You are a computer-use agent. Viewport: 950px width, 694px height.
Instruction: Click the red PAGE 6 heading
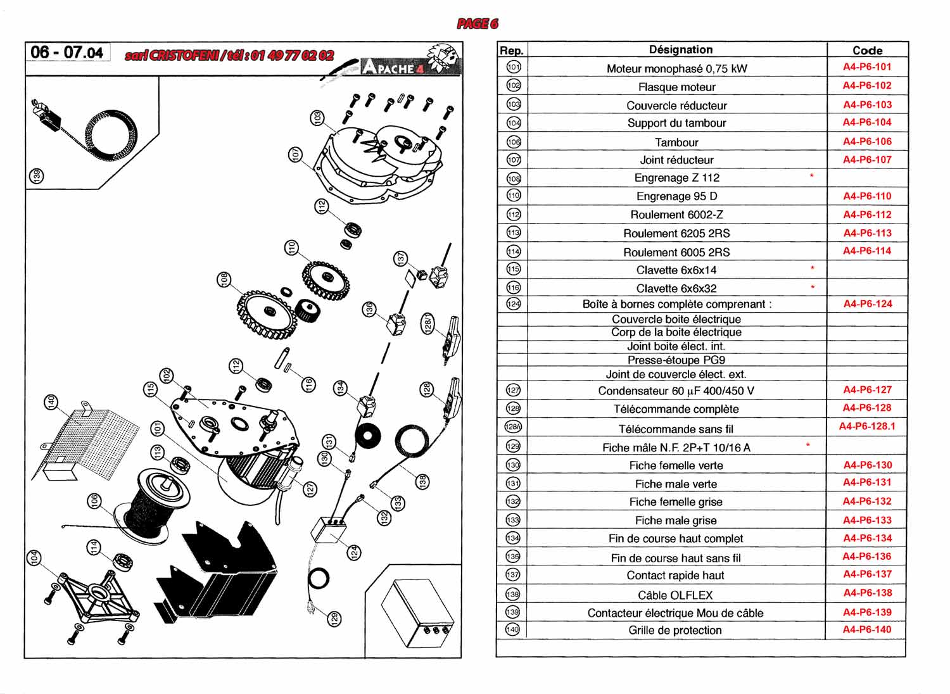(x=478, y=24)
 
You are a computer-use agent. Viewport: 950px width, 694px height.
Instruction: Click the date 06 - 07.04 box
(x=67, y=53)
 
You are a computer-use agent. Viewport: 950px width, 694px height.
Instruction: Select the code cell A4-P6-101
(x=866, y=66)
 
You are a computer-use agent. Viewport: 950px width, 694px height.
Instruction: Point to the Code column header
(x=867, y=50)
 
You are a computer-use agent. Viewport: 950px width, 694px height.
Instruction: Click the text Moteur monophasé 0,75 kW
(x=676, y=68)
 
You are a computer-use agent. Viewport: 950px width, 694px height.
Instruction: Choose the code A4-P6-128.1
(x=867, y=426)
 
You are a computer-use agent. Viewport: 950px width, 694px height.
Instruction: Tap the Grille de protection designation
(x=675, y=630)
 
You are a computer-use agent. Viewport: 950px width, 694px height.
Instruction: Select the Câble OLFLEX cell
(x=675, y=595)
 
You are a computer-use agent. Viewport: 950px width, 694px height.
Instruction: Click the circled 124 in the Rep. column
(x=514, y=304)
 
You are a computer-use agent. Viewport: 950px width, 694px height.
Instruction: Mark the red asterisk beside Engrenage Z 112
(x=811, y=176)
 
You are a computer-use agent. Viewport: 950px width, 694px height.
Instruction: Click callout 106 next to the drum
(x=94, y=501)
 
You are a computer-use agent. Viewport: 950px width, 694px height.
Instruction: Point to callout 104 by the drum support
(x=34, y=558)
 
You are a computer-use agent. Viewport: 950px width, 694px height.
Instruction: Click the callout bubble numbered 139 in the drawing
(x=37, y=176)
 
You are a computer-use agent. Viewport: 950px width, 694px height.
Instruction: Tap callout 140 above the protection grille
(x=51, y=402)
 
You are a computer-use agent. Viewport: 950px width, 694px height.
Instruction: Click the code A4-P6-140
(x=866, y=629)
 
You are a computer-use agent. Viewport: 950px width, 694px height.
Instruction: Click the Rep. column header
(x=511, y=51)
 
